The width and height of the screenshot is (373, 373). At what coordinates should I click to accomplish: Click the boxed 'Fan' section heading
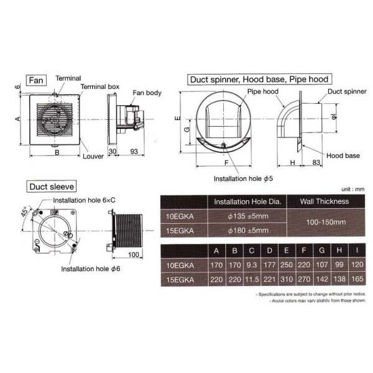pos(35,80)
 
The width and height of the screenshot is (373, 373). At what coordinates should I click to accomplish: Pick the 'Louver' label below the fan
pos(93,156)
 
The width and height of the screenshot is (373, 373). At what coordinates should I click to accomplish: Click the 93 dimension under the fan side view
pos(134,151)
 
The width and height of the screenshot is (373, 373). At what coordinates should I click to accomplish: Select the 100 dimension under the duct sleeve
pos(132,254)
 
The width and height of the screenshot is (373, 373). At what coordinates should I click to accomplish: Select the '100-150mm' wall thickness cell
pos(324,223)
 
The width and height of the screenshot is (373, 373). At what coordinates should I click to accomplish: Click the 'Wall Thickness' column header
pos(324,201)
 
